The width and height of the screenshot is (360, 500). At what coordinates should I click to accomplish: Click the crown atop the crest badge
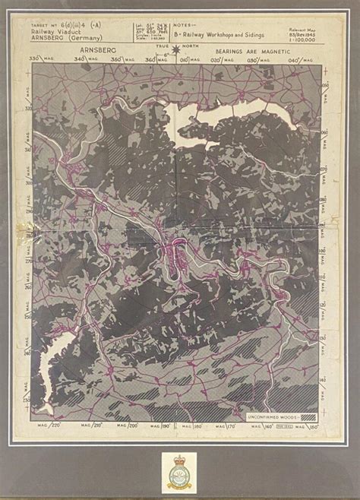tap(181, 458)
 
